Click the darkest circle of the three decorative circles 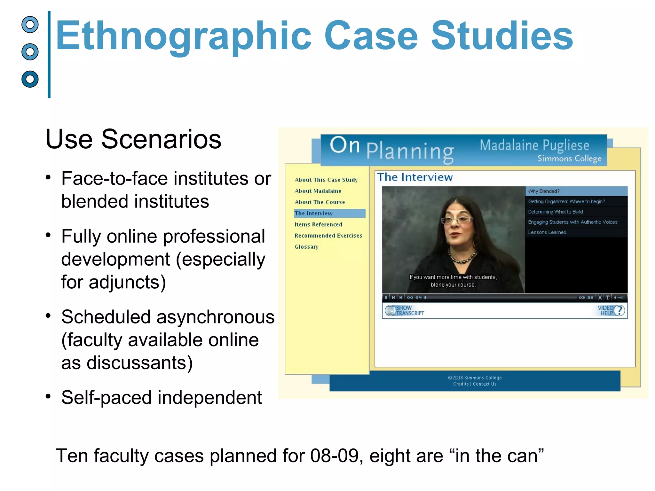tap(30, 79)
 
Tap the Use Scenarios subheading tap(133, 139)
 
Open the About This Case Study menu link tap(326, 180)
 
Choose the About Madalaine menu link tap(318, 191)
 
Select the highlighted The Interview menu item tap(313, 213)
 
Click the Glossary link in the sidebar tap(306, 247)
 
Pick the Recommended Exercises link tap(328, 236)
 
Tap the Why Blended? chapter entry tap(544, 191)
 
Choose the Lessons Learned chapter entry tap(547, 232)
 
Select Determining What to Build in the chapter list tap(555, 212)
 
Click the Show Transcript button tap(405, 310)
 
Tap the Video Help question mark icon tap(619, 310)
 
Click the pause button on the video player tap(386, 298)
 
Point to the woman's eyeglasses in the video tap(456, 220)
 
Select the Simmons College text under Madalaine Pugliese tap(569, 159)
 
